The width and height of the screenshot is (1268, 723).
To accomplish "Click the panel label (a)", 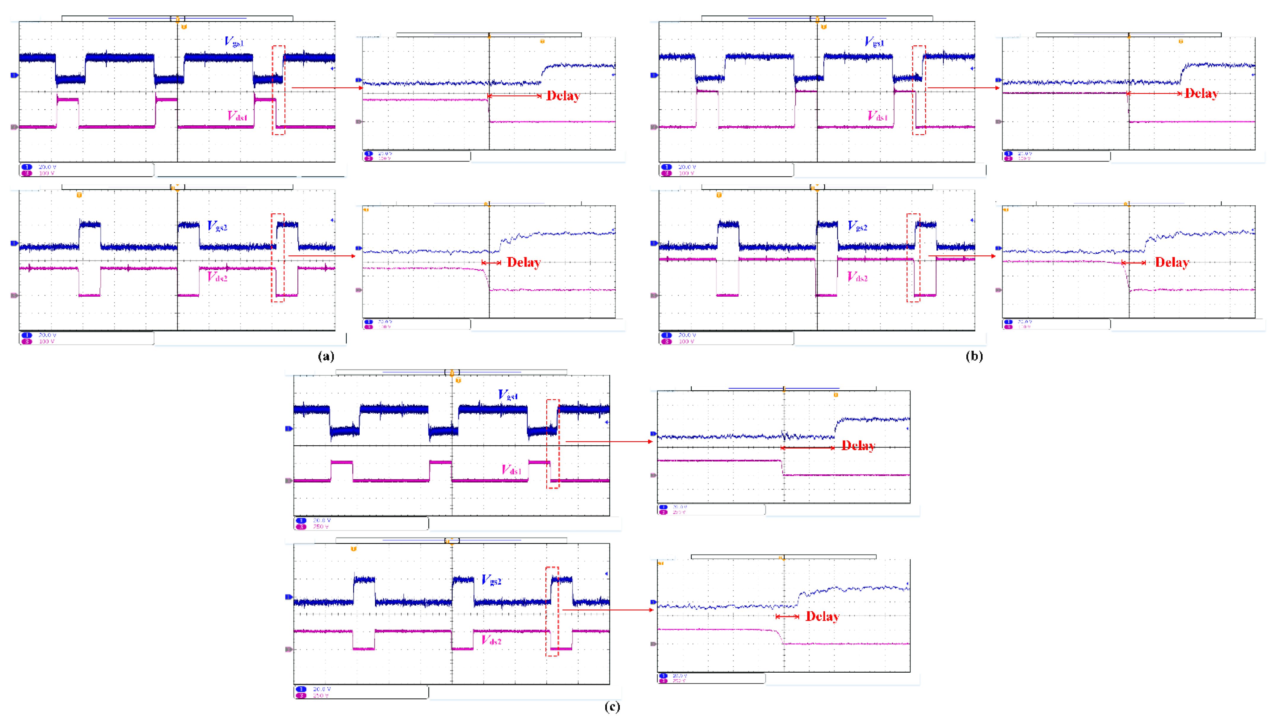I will click(x=326, y=356).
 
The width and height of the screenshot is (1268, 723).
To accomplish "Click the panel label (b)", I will click(x=974, y=356).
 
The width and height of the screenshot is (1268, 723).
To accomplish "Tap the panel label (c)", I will click(x=612, y=707).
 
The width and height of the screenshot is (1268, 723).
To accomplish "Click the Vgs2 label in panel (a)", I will click(x=217, y=226).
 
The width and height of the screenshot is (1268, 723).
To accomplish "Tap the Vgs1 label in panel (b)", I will click(x=874, y=42).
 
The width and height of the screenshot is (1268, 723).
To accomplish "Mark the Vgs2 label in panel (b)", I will click(x=857, y=226).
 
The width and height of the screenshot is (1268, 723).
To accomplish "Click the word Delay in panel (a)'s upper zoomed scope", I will click(x=563, y=96).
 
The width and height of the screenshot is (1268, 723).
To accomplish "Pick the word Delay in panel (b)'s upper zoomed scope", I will click(x=1201, y=93).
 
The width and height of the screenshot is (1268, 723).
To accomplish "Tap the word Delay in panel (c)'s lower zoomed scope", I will click(x=822, y=616).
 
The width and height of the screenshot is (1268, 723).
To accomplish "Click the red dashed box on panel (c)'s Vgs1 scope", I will click(x=553, y=444).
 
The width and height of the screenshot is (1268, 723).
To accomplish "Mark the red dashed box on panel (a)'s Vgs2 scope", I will click(x=278, y=258).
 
